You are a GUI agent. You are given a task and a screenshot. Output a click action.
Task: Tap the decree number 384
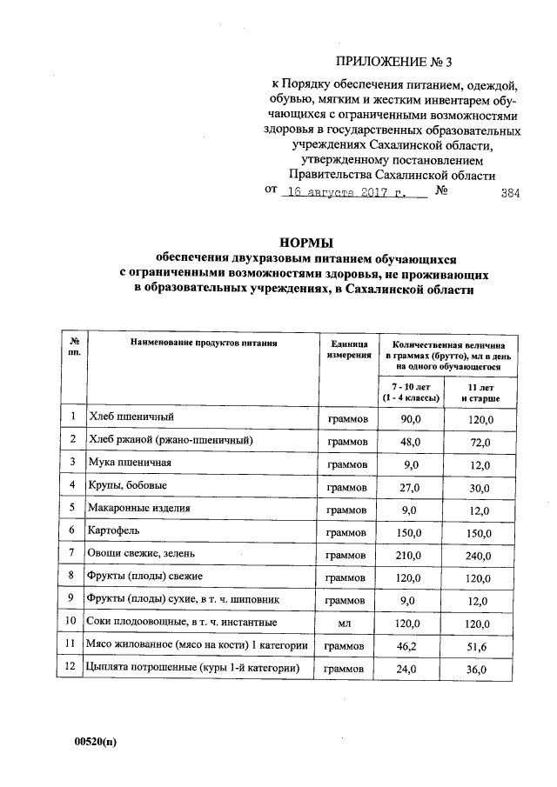click(510, 195)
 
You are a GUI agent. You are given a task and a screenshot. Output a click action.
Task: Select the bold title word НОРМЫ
click(305, 243)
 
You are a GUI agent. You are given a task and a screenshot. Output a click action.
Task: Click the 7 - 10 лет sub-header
click(409, 391)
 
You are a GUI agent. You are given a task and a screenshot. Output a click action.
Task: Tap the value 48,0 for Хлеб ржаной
click(409, 442)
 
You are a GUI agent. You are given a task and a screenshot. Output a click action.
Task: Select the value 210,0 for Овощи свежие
click(409, 554)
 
